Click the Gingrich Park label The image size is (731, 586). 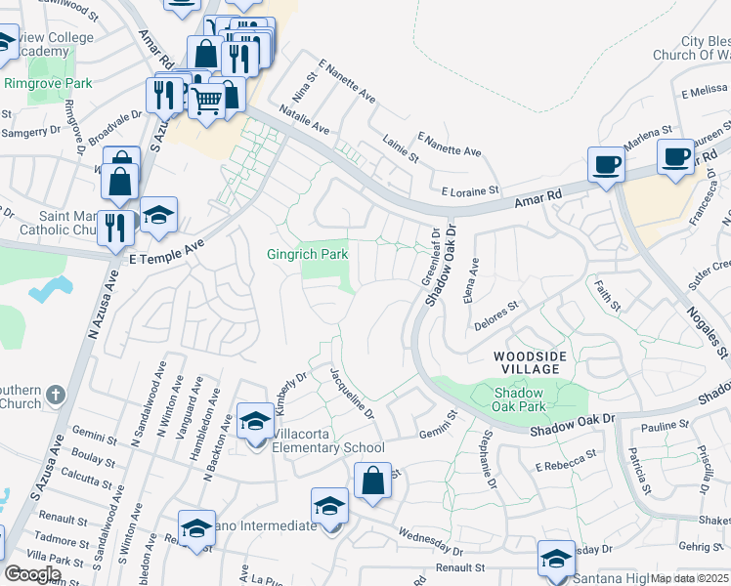pyautogui.click(x=307, y=254)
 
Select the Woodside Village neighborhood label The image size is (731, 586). pyautogui.click(x=529, y=362)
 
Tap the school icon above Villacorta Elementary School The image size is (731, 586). pyautogui.click(x=255, y=422)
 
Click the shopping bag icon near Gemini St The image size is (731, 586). pyautogui.click(x=372, y=481)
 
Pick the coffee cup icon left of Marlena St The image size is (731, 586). pyautogui.click(x=606, y=164)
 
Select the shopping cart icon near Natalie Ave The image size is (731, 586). pyautogui.click(x=206, y=100)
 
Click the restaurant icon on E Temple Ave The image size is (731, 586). pyautogui.click(x=116, y=229)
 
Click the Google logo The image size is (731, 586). pyautogui.click(x=32, y=573)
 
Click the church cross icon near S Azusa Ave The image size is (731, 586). pyautogui.click(x=55, y=396)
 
